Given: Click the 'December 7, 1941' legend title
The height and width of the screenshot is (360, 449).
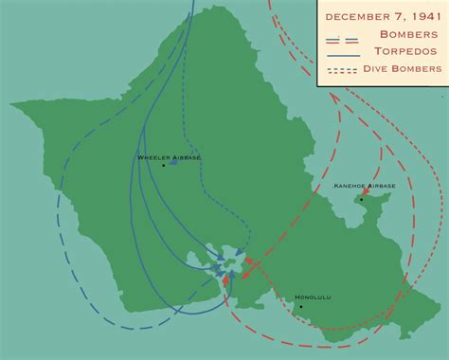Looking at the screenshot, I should point(382,16).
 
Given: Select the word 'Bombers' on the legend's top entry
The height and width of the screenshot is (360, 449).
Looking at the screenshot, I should point(405,34).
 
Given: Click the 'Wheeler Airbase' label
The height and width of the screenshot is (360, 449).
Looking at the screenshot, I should point(170,156).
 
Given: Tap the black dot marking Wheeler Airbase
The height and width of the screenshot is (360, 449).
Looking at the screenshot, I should point(164,166).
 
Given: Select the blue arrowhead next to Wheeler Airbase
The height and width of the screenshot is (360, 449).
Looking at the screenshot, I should point(174,162).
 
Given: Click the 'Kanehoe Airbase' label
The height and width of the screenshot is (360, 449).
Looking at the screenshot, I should point(365,188).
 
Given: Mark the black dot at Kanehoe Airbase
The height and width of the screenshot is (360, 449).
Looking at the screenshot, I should point(361,199).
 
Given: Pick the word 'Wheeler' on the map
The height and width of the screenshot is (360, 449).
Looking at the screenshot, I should point(154,156).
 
